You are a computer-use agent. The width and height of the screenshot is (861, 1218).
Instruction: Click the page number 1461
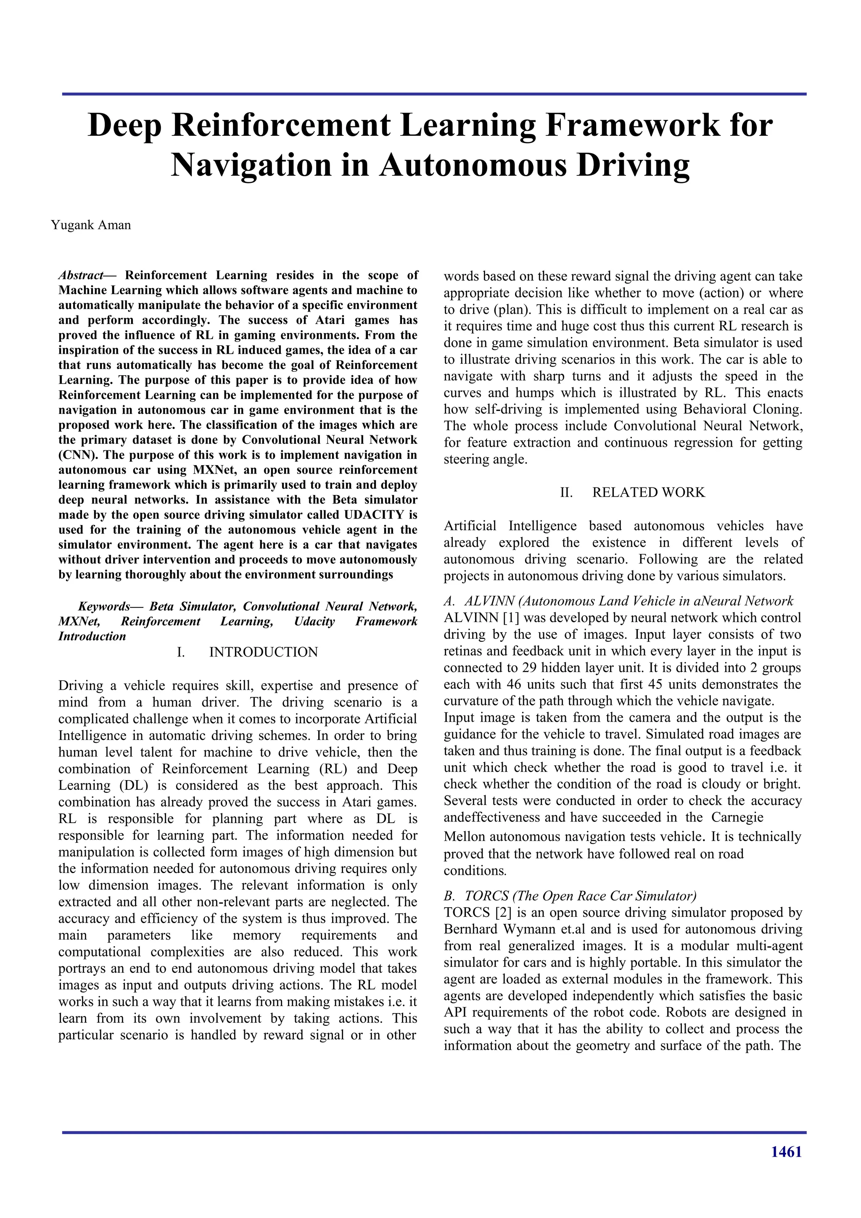(786, 1151)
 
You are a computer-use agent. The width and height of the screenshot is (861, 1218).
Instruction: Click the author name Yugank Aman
(91, 225)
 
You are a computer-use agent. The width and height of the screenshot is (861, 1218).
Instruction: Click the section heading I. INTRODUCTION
(247, 652)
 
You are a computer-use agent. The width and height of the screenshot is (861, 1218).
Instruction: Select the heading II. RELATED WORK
(632, 492)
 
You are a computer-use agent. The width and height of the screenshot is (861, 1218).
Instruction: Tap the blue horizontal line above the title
(434, 94)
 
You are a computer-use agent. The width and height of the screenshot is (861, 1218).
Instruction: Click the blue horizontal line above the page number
(434, 1133)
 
